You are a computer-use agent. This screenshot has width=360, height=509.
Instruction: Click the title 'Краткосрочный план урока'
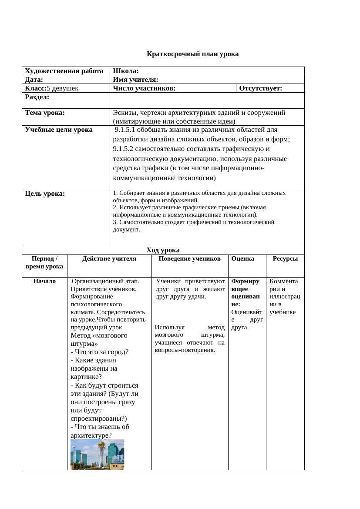[x=192, y=54]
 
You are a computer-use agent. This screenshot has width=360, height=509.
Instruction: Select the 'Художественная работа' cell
[x=64, y=71]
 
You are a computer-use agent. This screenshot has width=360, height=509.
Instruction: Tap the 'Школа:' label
[x=126, y=71]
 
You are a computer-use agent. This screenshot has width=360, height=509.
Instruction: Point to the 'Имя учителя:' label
[x=135, y=80]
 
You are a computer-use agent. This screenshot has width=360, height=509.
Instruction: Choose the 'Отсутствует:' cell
[x=261, y=88]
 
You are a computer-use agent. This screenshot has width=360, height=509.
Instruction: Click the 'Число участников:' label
[x=144, y=88]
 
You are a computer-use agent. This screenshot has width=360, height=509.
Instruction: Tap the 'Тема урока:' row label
[x=45, y=113]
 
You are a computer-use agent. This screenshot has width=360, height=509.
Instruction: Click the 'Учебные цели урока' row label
[x=59, y=130]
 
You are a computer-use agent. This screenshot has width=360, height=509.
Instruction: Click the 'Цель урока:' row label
[x=45, y=194]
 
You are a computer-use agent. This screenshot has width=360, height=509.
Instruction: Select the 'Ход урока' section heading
[x=163, y=250]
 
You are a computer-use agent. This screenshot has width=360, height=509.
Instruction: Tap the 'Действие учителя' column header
[x=109, y=258]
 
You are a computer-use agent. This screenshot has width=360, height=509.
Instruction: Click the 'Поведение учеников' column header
[x=189, y=258]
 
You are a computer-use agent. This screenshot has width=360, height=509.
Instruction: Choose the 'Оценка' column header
[x=243, y=258]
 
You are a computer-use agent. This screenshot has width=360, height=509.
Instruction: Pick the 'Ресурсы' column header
[x=285, y=258]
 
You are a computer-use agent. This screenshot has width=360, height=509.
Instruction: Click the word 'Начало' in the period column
[x=44, y=281]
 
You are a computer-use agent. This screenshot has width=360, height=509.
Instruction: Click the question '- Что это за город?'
[x=99, y=352]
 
